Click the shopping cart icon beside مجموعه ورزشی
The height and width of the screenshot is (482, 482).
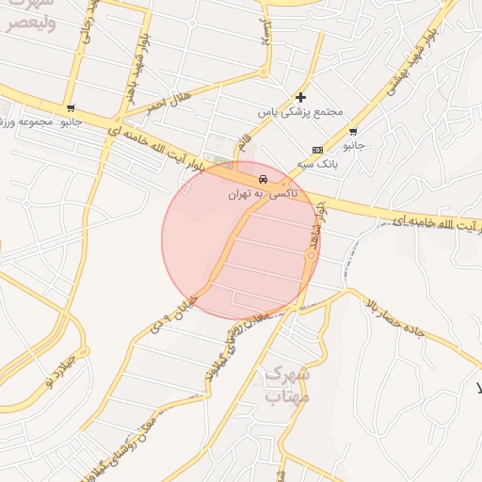[72, 108]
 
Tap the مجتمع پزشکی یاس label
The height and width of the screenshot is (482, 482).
[299, 111]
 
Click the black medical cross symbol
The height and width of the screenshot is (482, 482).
[300, 96]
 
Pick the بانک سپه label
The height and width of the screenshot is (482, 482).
[318, 164]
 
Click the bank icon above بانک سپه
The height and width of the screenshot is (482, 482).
[317, 150]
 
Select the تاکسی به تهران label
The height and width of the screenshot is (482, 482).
[262, 193]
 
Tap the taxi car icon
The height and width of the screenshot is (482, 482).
[263, 178]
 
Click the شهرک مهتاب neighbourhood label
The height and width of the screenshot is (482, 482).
[286, 385]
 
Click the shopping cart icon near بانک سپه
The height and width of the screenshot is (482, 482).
[353, 132]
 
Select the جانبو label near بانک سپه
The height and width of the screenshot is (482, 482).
[353, 147]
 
